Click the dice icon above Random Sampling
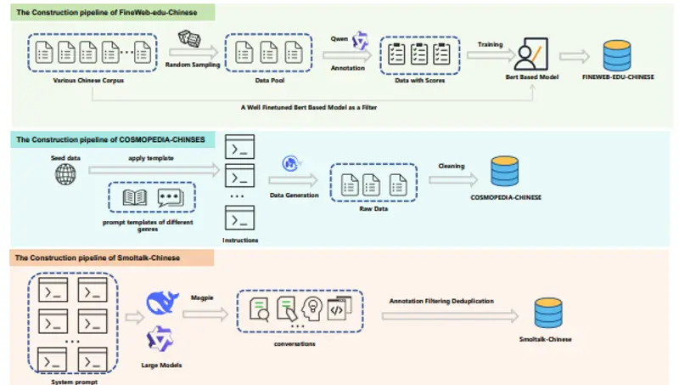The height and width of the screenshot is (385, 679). click(x=189, y=38)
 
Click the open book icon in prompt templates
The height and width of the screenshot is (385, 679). click(x=136, y=198)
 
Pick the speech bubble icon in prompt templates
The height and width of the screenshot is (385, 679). click(x=171, y=198)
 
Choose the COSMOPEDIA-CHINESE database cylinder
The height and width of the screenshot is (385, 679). click(x=506, y=173)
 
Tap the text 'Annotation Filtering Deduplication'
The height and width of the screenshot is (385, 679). click(x=441, y=300)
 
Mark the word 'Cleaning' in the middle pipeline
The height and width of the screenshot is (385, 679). click(x=452, y=166)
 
